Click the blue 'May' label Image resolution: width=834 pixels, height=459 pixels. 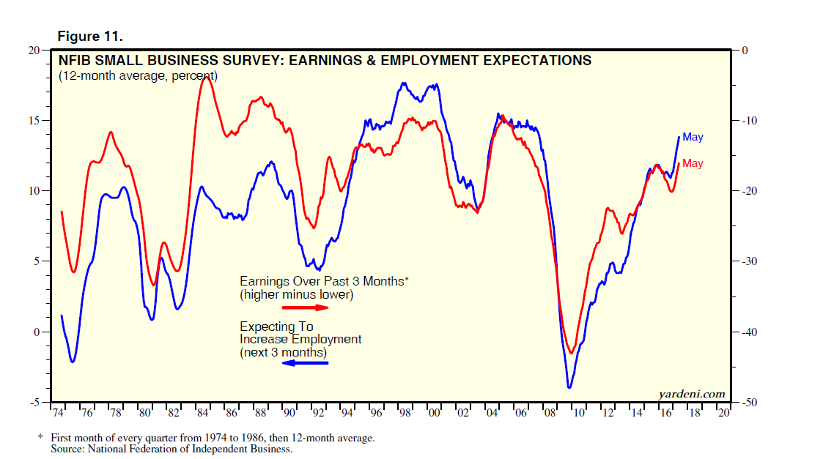point(693,137)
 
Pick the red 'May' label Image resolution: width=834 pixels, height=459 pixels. point(693,163)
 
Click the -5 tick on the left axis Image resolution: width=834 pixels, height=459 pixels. point(34,403)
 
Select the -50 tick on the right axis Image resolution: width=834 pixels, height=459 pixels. point(749,403)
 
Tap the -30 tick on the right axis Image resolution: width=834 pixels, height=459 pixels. point(749,261)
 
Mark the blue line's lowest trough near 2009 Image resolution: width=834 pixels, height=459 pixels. point(569,387)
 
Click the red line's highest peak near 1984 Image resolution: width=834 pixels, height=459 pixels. point(207,77)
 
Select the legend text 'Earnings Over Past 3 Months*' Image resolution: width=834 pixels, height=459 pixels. point(323,281)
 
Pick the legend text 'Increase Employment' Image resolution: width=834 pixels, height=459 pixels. point(300,340)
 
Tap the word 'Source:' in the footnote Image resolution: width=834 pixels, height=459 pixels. point(69,449)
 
